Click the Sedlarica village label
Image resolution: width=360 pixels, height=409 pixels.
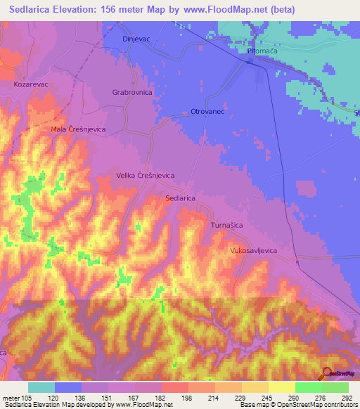(180, 199)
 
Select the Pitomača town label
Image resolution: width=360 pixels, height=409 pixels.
(263, 51)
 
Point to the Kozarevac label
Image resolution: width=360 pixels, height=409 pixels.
(31, 84)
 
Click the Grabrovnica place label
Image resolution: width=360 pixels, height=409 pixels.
(131, 92)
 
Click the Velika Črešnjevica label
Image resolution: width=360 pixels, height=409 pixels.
(145, 176)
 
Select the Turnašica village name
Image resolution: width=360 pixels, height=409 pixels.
(227, 225)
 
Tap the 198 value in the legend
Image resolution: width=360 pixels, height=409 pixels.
(188, 397)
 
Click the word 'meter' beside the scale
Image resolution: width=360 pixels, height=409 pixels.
(11, 397)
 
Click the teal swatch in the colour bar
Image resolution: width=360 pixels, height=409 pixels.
(41, 387)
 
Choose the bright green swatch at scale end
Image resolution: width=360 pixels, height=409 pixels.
(335, 387)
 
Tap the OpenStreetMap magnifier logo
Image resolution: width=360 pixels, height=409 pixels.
(326, 373)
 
